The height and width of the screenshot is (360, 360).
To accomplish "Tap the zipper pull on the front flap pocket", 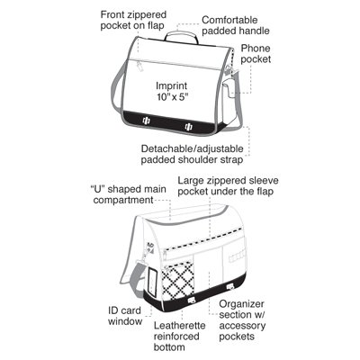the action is [x=139, y=66].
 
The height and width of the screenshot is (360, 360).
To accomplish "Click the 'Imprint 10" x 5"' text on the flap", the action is [x=172, y=91].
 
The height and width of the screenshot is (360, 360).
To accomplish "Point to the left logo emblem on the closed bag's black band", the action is [x=147, y=121].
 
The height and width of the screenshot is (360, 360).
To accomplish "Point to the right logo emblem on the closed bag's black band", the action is [x=189, y=127].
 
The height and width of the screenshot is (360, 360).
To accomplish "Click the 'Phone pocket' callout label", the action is [x=256, y=54].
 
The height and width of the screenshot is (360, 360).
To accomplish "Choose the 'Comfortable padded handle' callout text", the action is [x=236, y=25].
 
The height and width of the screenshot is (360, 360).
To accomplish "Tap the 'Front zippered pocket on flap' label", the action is [x=133, y=20].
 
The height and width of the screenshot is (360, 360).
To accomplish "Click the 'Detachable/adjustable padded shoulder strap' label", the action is [x=193, y=154].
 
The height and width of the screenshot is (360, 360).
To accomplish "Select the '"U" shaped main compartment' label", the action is [x=129, y=194].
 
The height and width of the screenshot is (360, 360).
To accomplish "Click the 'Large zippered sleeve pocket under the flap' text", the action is [x=228, y=186].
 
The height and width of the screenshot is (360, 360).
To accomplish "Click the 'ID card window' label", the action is [x=125, y=316].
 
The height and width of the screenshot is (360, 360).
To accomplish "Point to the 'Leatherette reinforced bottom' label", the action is [x=180, y=337].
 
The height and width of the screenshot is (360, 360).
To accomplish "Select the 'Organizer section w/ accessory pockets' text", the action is [x=242, y=320].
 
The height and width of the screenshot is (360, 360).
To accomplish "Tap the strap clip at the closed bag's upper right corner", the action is [x=229, y=70].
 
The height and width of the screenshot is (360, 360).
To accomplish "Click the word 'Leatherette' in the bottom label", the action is [x=180, y=326].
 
